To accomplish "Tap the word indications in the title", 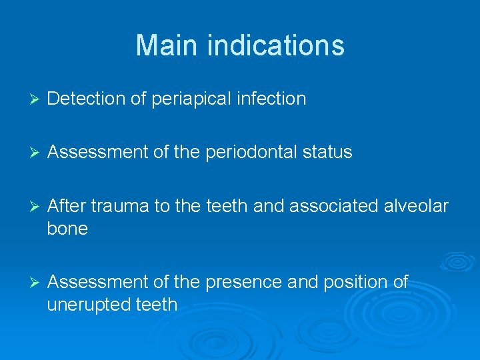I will coord(276,46).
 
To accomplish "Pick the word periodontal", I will coord(247,153).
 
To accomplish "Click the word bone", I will coord(67,229).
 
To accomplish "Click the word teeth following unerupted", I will coord(155,305).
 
